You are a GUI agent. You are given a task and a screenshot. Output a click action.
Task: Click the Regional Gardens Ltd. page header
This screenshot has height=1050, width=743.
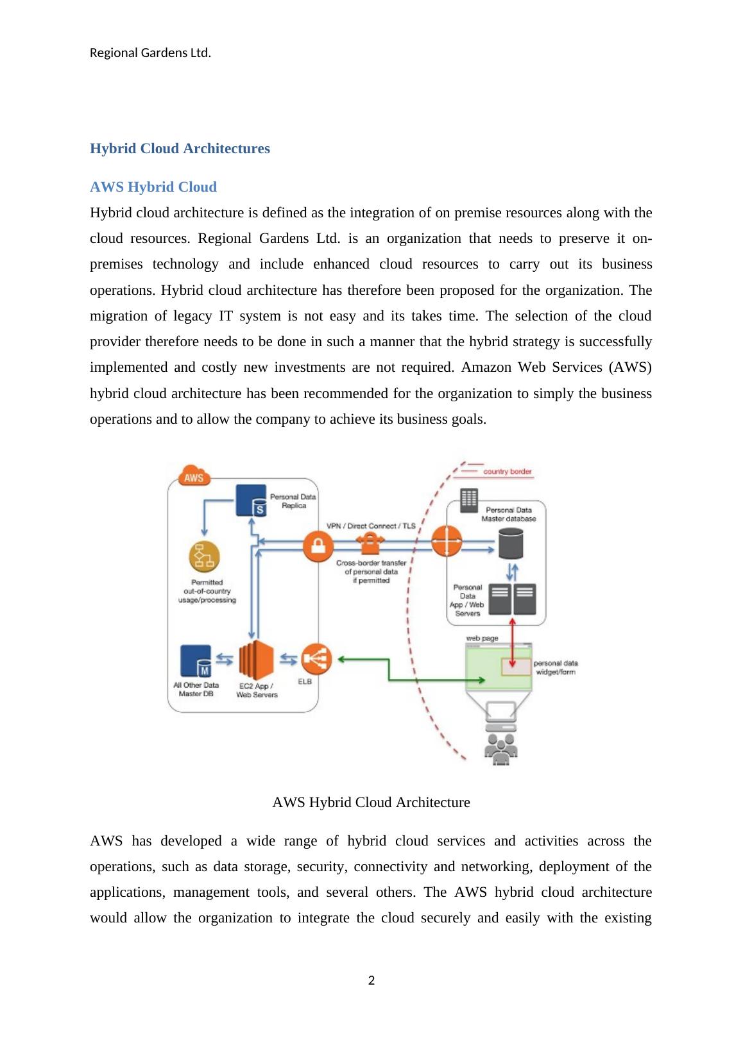[150, 53]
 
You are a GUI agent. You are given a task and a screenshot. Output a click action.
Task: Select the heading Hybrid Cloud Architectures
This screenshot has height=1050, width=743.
[180, 149]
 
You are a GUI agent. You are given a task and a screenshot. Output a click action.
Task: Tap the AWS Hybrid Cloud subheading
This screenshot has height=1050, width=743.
[153, 187]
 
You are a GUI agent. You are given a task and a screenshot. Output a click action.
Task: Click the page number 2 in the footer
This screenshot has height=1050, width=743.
[371, 980]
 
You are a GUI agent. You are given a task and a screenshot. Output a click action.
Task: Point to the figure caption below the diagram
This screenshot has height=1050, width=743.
[371, 803]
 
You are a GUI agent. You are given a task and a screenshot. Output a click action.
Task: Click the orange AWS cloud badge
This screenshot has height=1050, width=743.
[194, 477]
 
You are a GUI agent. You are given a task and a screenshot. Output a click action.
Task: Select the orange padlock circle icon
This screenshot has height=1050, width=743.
[318, 546]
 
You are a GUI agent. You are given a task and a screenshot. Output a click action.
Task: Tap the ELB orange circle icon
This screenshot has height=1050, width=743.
[317, 658]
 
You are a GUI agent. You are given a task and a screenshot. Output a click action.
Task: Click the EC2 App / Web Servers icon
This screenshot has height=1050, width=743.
[256, 660]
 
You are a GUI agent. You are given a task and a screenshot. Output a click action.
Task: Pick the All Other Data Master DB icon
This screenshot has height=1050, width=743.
[196, 661]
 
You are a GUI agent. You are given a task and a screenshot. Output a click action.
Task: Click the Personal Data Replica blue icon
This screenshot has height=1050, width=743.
[252, 501]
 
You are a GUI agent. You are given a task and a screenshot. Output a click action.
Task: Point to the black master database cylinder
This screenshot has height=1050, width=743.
[510, 543]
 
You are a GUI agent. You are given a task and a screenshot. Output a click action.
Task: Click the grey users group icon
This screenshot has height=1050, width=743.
[500, 748]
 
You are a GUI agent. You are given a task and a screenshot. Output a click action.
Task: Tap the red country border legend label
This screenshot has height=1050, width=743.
[507, 472]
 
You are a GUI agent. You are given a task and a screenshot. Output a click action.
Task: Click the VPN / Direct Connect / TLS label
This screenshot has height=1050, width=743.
[371, 526]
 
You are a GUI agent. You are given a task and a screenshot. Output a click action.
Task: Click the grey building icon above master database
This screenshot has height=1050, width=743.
[469, 501]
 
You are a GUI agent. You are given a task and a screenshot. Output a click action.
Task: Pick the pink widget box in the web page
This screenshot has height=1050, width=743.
[517, 667]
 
